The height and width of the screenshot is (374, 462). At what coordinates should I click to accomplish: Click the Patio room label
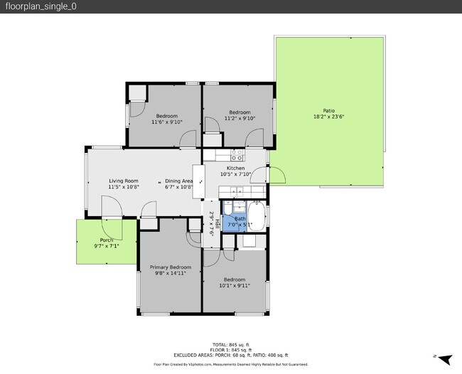point(328,110)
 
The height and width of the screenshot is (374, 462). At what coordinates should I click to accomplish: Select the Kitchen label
point(235,168)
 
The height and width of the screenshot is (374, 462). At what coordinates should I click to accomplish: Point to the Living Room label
point(123,181)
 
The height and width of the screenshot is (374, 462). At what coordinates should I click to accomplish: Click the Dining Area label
point(179,181)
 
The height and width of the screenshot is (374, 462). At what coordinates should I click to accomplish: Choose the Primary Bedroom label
point(171,267)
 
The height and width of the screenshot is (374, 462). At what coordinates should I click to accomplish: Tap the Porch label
point(107,240)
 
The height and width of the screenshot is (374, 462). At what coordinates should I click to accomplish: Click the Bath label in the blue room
point(240,218)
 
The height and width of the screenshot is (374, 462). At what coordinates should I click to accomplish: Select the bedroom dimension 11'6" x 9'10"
point(167,122)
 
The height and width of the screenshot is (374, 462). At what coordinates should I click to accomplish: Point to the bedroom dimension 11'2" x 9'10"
point(240,119)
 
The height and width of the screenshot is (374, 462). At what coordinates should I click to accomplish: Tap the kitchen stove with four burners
point(237,154)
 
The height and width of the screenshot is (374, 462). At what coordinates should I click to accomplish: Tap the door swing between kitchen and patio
point(276,175)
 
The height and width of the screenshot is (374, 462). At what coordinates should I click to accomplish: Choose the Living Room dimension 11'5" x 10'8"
point(123,187)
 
